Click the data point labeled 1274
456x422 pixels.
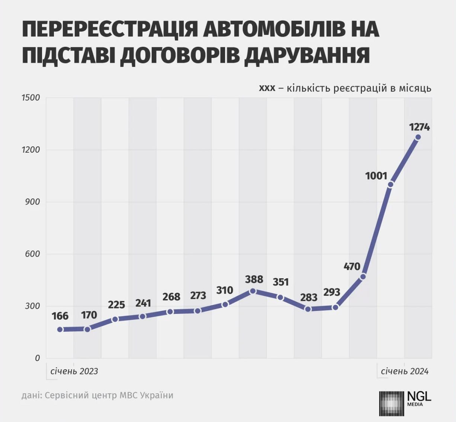click(x=418, y=137)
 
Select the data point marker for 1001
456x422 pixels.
click(x=391, y=184)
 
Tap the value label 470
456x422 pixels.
click(x=352, y=266)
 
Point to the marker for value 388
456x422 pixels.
click(x=253, y=291)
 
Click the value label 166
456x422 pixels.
click(x=60, y=316)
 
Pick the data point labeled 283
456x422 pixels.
click(x=308, y=309)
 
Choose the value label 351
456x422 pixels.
click(x=280, y=282)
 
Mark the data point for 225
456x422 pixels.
click(x=115, y=319)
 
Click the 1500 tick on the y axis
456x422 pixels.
click(x=30, y=98)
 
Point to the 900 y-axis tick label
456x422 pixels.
click(x=32, y=202)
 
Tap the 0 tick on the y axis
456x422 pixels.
click(x=37, y=358)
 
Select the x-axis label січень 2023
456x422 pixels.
click(x=74, y=371)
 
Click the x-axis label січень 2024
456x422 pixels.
click(x=405, y=371)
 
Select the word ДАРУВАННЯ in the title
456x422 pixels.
click(x=307, y=55)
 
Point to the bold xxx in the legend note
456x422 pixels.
click(x=267, y=88)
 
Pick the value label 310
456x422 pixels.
click(x=225, y=290)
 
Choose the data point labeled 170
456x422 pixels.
click(x=87, y=329)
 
